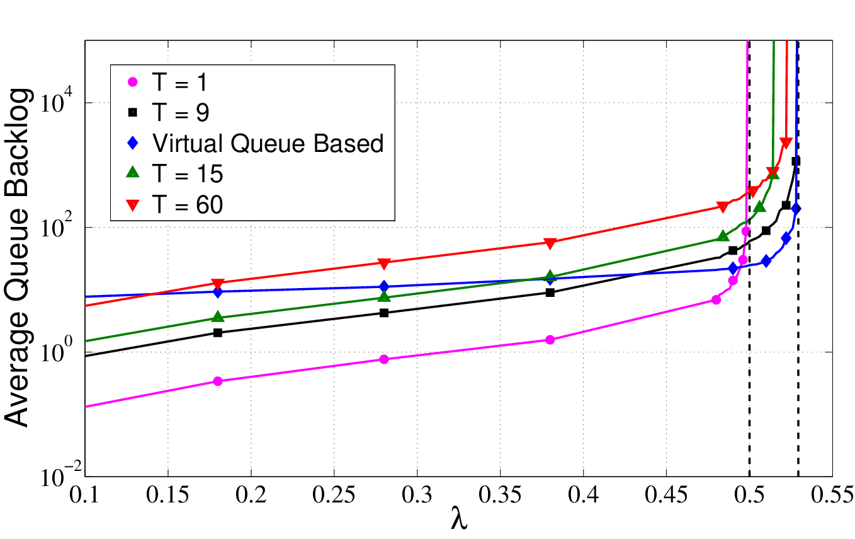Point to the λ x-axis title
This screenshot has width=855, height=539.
pos(459,518)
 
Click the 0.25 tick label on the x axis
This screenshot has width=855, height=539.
pos(334,495)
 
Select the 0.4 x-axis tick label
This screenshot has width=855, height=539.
pos(583,495)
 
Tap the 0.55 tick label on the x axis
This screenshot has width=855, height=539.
pos(832,495)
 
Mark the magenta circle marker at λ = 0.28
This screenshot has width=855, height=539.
pos(384,359)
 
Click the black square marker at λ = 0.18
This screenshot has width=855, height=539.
pos(218,333)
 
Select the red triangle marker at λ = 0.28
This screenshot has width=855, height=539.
pos(384,264)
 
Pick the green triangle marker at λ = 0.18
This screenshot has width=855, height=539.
pos(218,316)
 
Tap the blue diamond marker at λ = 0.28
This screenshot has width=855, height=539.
pos(384,286)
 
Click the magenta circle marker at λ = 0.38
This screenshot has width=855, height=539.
pos(550,340)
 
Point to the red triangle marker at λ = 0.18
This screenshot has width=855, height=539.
pos(218,284)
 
